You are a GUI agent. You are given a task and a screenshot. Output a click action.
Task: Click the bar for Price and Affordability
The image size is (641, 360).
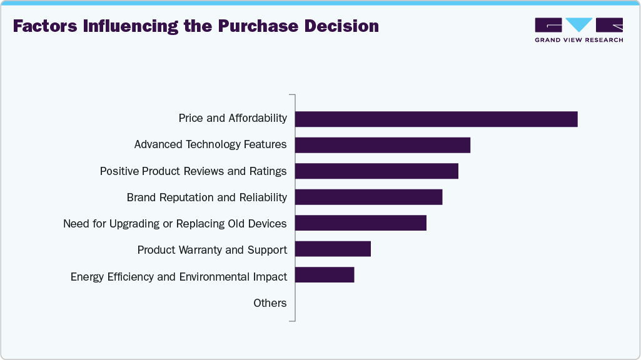pos(436,119)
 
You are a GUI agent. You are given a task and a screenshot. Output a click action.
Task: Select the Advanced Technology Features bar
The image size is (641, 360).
pos(382,145)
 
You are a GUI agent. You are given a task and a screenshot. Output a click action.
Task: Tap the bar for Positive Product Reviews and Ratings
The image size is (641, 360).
pos(376,171)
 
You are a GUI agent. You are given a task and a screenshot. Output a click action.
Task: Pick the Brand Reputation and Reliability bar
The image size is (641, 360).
pos(368,197)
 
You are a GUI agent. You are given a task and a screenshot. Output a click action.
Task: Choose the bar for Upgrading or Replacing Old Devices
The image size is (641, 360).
pos(360,224)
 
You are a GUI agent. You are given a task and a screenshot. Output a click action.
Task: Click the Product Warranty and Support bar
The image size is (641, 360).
pos(333,249)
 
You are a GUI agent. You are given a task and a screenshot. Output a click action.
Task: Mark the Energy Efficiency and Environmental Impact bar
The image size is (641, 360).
pos(325,276)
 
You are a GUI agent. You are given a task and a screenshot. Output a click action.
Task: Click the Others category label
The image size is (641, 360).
pos(270,303)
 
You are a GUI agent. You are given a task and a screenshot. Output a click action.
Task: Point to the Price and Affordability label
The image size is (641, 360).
pos(232,118)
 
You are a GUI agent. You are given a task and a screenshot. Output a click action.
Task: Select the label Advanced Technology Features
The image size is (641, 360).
pos(210,144)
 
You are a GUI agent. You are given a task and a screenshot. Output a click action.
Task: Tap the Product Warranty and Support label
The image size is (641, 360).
pos(212,250)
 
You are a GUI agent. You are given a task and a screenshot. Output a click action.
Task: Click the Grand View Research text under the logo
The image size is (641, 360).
pos(578,39)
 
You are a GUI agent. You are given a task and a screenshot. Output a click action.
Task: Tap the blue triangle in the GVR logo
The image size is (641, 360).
pos(579,24)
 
